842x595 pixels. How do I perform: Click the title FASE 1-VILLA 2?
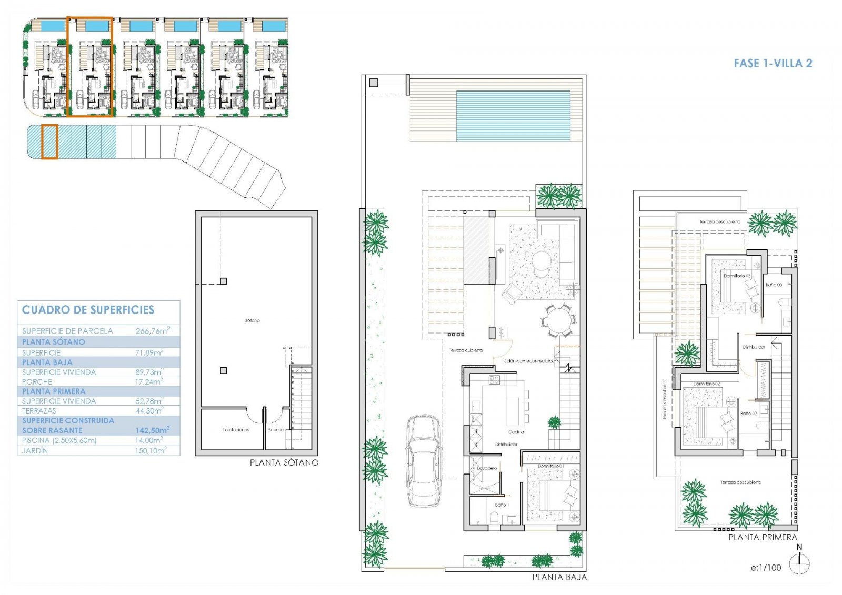(x=773, y=64)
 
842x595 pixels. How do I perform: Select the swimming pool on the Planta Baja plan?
(x=513, y=116)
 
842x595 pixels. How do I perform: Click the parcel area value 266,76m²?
(x=153, y=331)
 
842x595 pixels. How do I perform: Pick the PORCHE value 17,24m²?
(x=149, y=382)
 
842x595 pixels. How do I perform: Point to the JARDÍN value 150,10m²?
(x=151, y=451)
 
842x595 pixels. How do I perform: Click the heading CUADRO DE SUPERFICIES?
(x=88, y=310)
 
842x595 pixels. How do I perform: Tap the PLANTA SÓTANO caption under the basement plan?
(x=284, y=462)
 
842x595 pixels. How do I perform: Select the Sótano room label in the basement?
(x=252, y=320)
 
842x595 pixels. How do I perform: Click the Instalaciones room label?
(x=235, y=430)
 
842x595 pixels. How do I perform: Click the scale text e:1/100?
(x=766, y=568)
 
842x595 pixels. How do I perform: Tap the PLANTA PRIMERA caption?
(x=763, y=537)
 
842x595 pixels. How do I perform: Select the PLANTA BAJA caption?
(x=559, y=577)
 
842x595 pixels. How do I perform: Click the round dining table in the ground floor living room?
(x=559, y=319)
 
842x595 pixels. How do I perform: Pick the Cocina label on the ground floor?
(x=516, y=432)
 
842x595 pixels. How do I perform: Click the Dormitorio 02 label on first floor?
(x=706, y=384)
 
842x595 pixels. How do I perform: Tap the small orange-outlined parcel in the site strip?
(x=49, y=142)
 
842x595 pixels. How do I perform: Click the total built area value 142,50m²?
(x=152, y=430)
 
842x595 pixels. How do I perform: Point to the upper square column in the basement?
(x=224, y=281)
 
